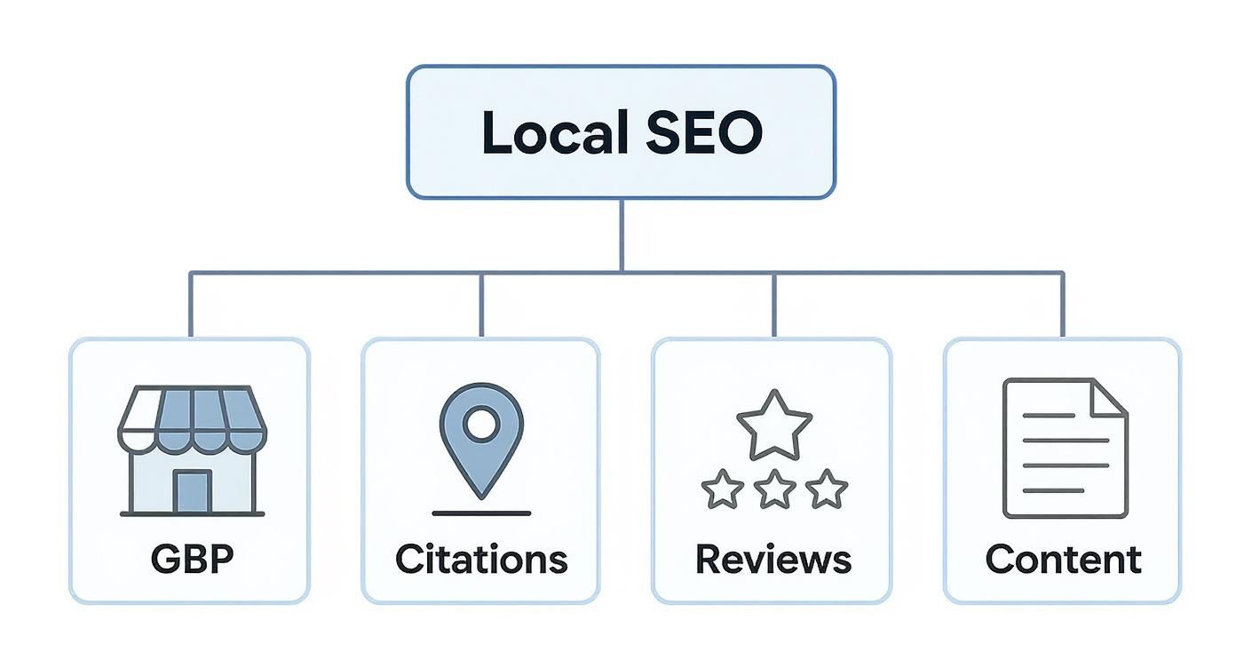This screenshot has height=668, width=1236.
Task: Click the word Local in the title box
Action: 549,133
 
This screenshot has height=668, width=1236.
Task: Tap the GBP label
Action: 192,560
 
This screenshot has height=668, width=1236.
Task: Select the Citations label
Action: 480,560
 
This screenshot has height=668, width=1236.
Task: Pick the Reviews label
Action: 772,560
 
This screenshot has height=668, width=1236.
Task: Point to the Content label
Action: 1063,560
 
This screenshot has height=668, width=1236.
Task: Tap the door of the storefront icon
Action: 192,491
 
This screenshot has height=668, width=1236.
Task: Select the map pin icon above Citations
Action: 480,440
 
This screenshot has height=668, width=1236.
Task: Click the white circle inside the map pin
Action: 480,424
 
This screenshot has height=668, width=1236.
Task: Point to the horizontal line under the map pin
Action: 480,513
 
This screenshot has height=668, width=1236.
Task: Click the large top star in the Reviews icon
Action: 774,425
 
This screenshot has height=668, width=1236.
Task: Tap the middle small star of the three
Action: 774,489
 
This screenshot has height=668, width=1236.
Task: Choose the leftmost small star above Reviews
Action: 722,489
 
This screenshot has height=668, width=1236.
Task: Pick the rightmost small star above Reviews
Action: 827,489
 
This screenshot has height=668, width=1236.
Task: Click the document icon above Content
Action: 1064,449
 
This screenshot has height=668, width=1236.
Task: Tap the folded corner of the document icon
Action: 1110,397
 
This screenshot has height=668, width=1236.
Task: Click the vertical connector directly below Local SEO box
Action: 621,235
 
